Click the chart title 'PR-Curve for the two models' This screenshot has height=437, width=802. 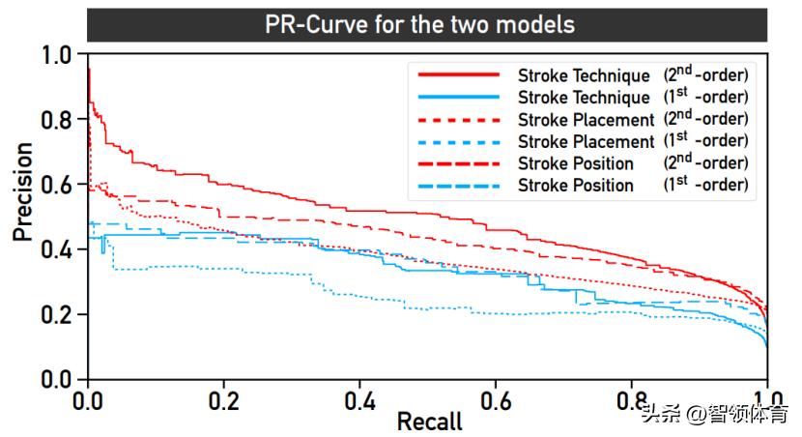(x=419, y=24)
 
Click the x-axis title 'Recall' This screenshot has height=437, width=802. (x=429, y=422)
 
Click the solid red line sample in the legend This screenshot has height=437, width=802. (x=458, y=75)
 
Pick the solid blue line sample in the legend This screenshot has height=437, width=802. (x=458, y=98)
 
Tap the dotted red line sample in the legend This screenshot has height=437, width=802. (x=458, y=120)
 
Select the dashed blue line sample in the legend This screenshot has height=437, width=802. (x=458, y=185)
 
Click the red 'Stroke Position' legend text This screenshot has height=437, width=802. (x=576, y=163)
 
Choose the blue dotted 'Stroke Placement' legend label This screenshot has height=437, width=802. (x=586, y=142)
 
